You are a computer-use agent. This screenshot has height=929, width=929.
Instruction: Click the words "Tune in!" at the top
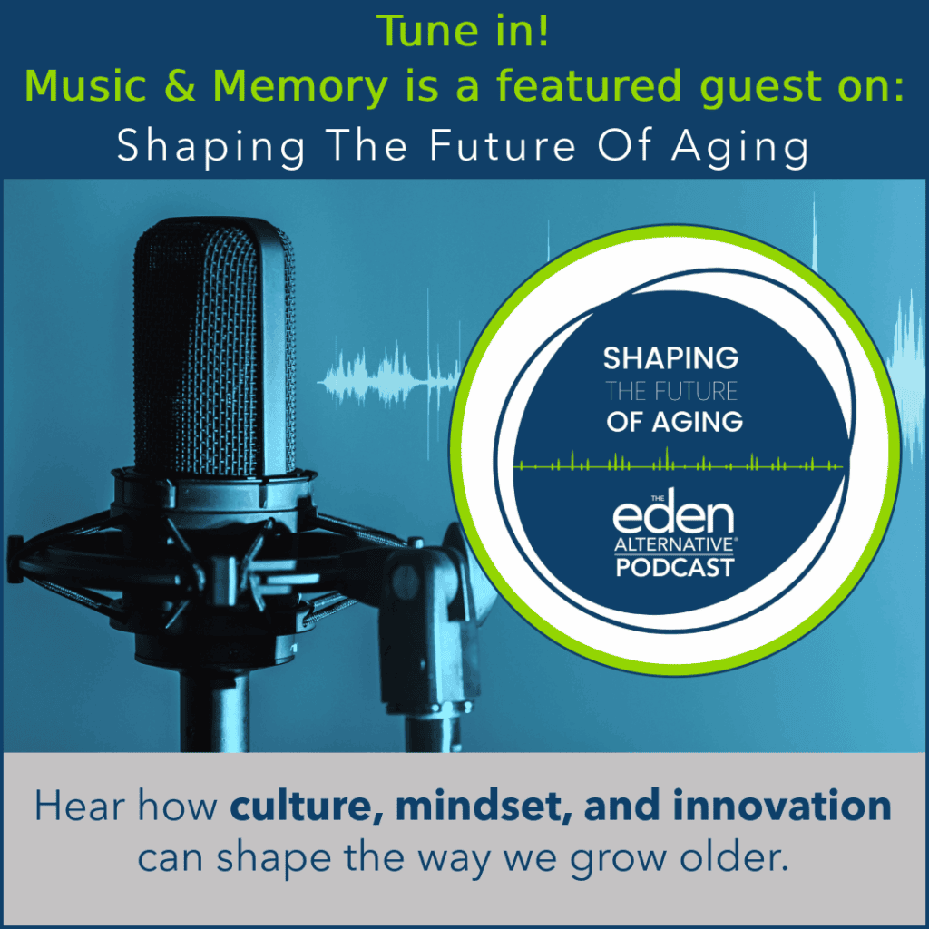(x=464, y=33)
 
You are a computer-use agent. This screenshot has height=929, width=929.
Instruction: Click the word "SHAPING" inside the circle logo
(x=670, y=358)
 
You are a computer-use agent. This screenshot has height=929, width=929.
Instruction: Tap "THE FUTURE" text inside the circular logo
(x=670, y=392)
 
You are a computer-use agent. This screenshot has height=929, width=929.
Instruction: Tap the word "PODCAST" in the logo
(x=673, y=569)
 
